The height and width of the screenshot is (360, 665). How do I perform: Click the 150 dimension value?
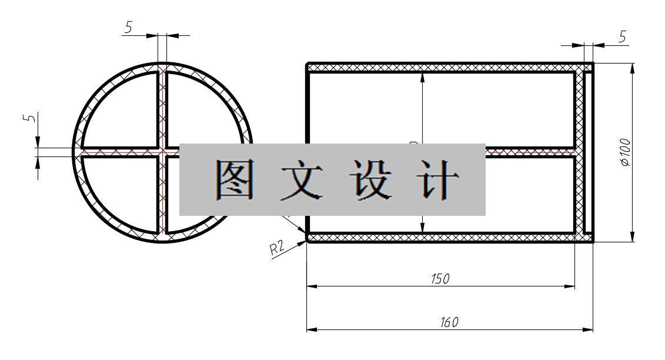tap(440, 279)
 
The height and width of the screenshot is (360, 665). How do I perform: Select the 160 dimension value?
tap(449, 322)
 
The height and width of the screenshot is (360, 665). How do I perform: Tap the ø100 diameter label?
tap(625, 152)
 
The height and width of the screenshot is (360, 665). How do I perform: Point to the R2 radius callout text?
tap(277, 248)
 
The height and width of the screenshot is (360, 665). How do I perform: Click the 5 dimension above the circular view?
tap(128, 27)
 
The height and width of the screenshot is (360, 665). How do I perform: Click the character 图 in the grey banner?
tap(234, 179)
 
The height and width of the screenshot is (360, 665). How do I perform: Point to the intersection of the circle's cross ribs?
tap(162, 152)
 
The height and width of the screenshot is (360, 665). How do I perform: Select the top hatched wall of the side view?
tap(441, 68)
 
